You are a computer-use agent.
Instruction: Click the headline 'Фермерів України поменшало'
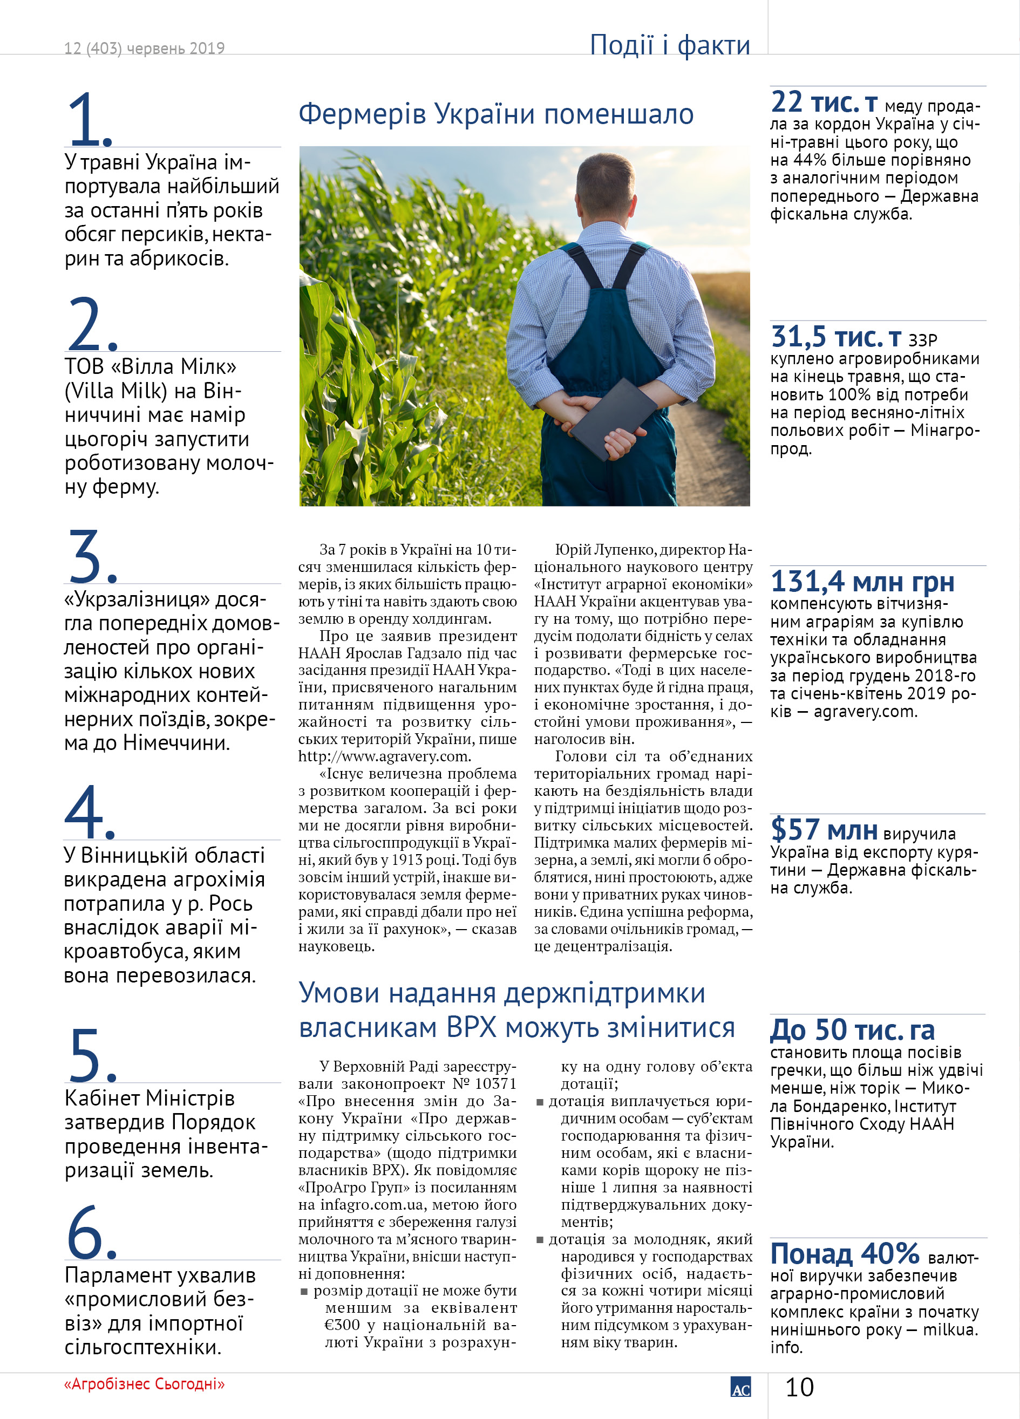(x=495, y=114)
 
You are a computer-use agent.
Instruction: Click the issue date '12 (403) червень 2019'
(x=144, y=48)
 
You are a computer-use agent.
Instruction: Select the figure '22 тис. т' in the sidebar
(x=824, y=102)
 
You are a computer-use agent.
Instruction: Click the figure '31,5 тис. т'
(x=835, y=337)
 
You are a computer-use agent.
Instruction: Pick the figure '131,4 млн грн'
(x=862, y=582)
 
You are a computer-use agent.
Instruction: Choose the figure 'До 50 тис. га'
(x=852, y=1030)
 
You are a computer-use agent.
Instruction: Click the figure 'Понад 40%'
(x=844, y=1253)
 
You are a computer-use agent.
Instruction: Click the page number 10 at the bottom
(x=799, y=1387)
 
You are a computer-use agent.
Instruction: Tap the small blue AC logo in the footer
(x=740, y=1387)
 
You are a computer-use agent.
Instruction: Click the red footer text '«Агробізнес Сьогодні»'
(x=144, y=1384)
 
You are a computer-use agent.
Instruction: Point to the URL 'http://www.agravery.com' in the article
(x=383, y=756)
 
